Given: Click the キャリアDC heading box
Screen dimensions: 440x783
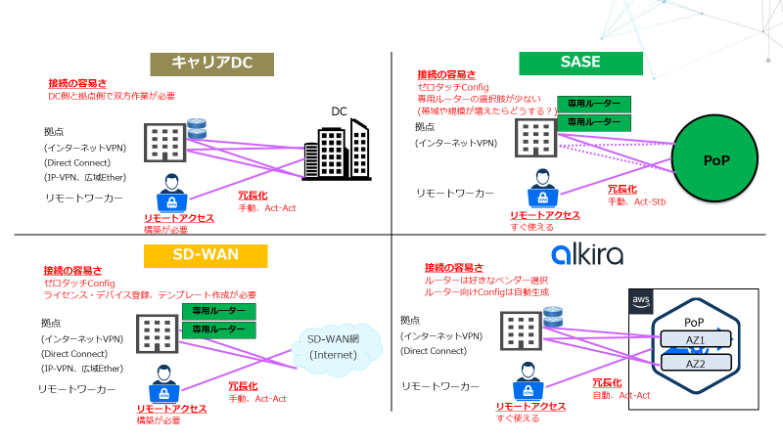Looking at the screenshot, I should (210, 64).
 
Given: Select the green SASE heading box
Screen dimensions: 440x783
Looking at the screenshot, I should (580, 64).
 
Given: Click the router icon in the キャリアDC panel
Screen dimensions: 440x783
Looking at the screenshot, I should (199, 128).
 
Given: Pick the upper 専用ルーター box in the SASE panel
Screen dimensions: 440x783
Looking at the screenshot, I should (594, 105).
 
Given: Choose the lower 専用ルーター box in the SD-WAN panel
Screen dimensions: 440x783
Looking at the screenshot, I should (218, 330).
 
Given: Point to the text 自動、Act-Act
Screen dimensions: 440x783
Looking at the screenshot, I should (622, 395).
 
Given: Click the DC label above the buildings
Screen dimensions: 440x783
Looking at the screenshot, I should (340, 110).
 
